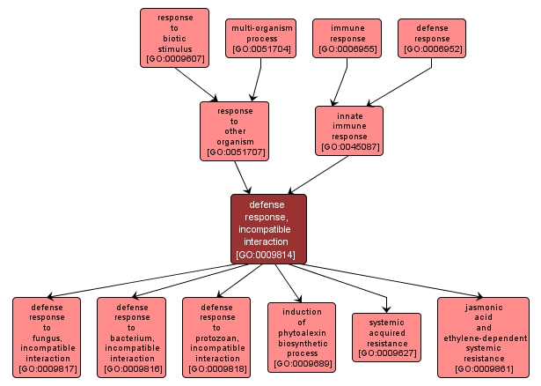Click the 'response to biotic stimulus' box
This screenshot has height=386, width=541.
[174, 38]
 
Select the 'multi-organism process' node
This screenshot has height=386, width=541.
[260, 39]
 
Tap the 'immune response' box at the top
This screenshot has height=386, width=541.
[347, 39]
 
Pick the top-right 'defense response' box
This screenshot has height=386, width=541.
[433, 39]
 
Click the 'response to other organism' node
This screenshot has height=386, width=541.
[234, 130]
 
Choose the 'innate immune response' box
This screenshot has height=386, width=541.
[349, 130]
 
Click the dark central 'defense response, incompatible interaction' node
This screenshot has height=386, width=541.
[268, 229]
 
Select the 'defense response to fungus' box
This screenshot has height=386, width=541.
[47, 338]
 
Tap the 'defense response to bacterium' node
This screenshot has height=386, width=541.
[130, 338]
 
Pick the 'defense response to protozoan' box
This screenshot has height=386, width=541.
[216, 338]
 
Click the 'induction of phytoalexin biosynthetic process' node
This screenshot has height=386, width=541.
[301, 338]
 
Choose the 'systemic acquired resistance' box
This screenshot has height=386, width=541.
[386, 338]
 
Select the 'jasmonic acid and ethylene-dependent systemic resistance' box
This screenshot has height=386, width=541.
[483, 338]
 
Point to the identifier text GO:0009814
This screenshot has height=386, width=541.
[268, 256]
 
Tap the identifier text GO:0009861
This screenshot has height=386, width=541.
[483, 368]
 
